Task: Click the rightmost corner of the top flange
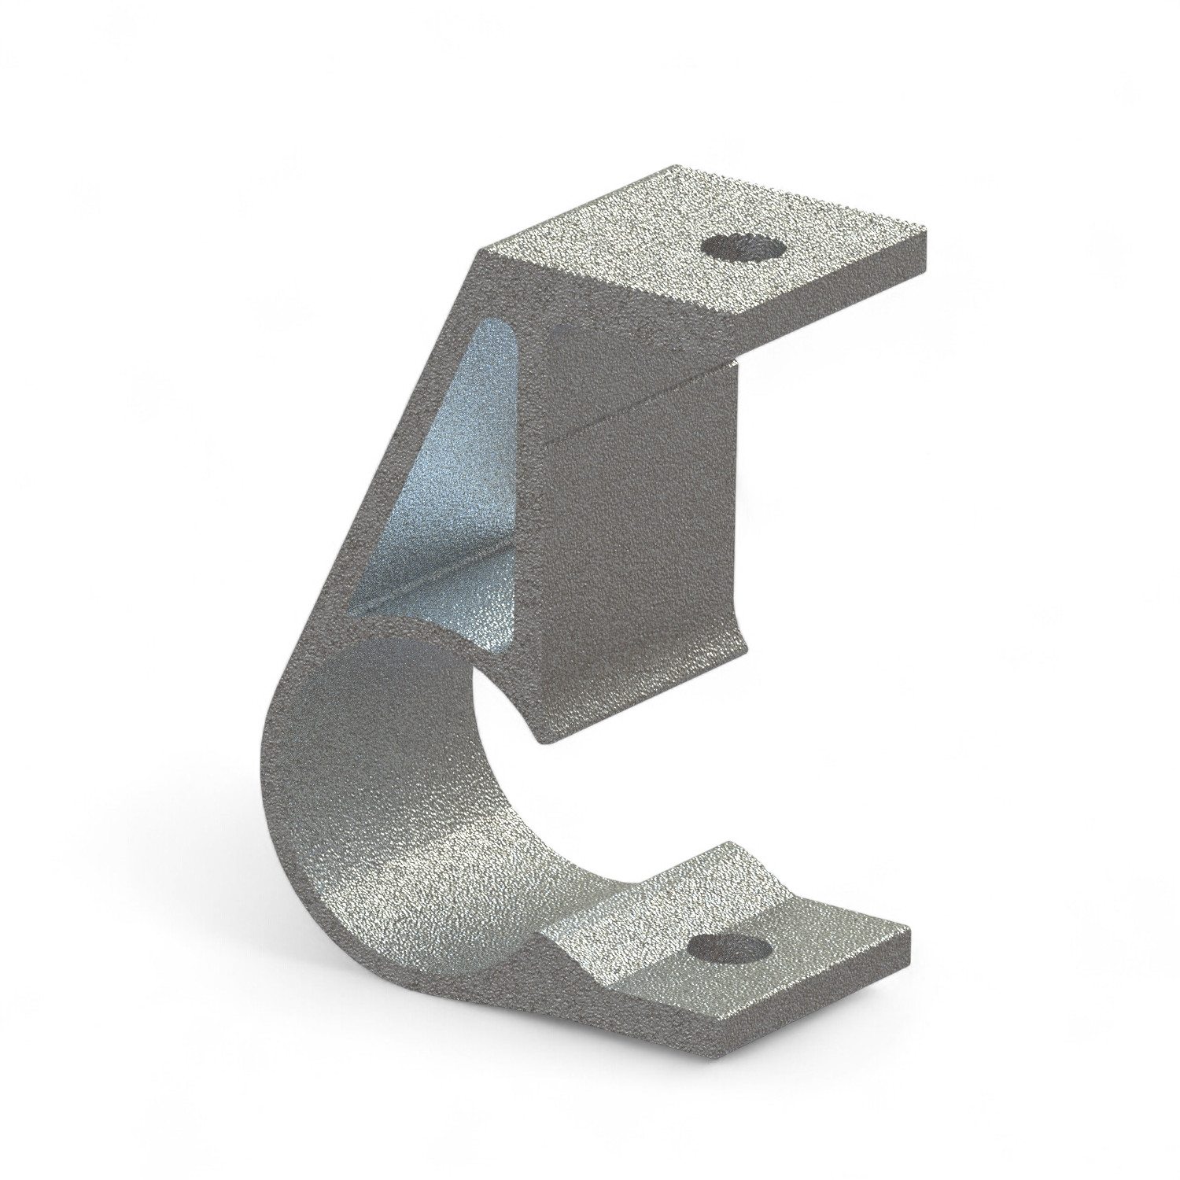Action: tap(927, 230)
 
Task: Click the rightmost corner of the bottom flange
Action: tap(909, 930)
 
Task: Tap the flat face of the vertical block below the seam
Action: tap(637, 551)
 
